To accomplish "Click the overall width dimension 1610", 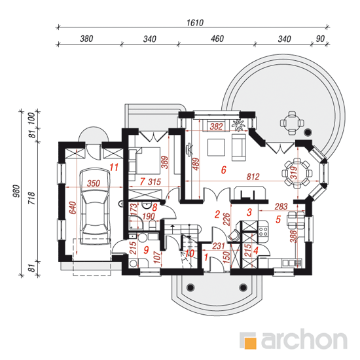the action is pos(195,23).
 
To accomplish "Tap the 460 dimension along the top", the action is pos(217,39).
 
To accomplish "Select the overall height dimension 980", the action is pos(16,190).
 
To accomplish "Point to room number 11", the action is pos(114,167).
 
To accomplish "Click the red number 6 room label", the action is pos(223,170).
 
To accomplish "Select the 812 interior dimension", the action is pos(253,177).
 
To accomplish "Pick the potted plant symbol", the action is pos(239,125).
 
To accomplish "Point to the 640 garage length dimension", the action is pos(73,207).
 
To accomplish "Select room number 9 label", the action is pos(146,250).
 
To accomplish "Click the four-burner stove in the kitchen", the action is pos(263,232).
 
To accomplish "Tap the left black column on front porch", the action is pos(190,287).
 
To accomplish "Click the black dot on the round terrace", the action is pos(308,132).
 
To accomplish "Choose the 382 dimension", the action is pos(216,126).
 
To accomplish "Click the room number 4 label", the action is pos(256,250).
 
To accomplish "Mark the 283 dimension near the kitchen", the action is pos(281,206).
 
